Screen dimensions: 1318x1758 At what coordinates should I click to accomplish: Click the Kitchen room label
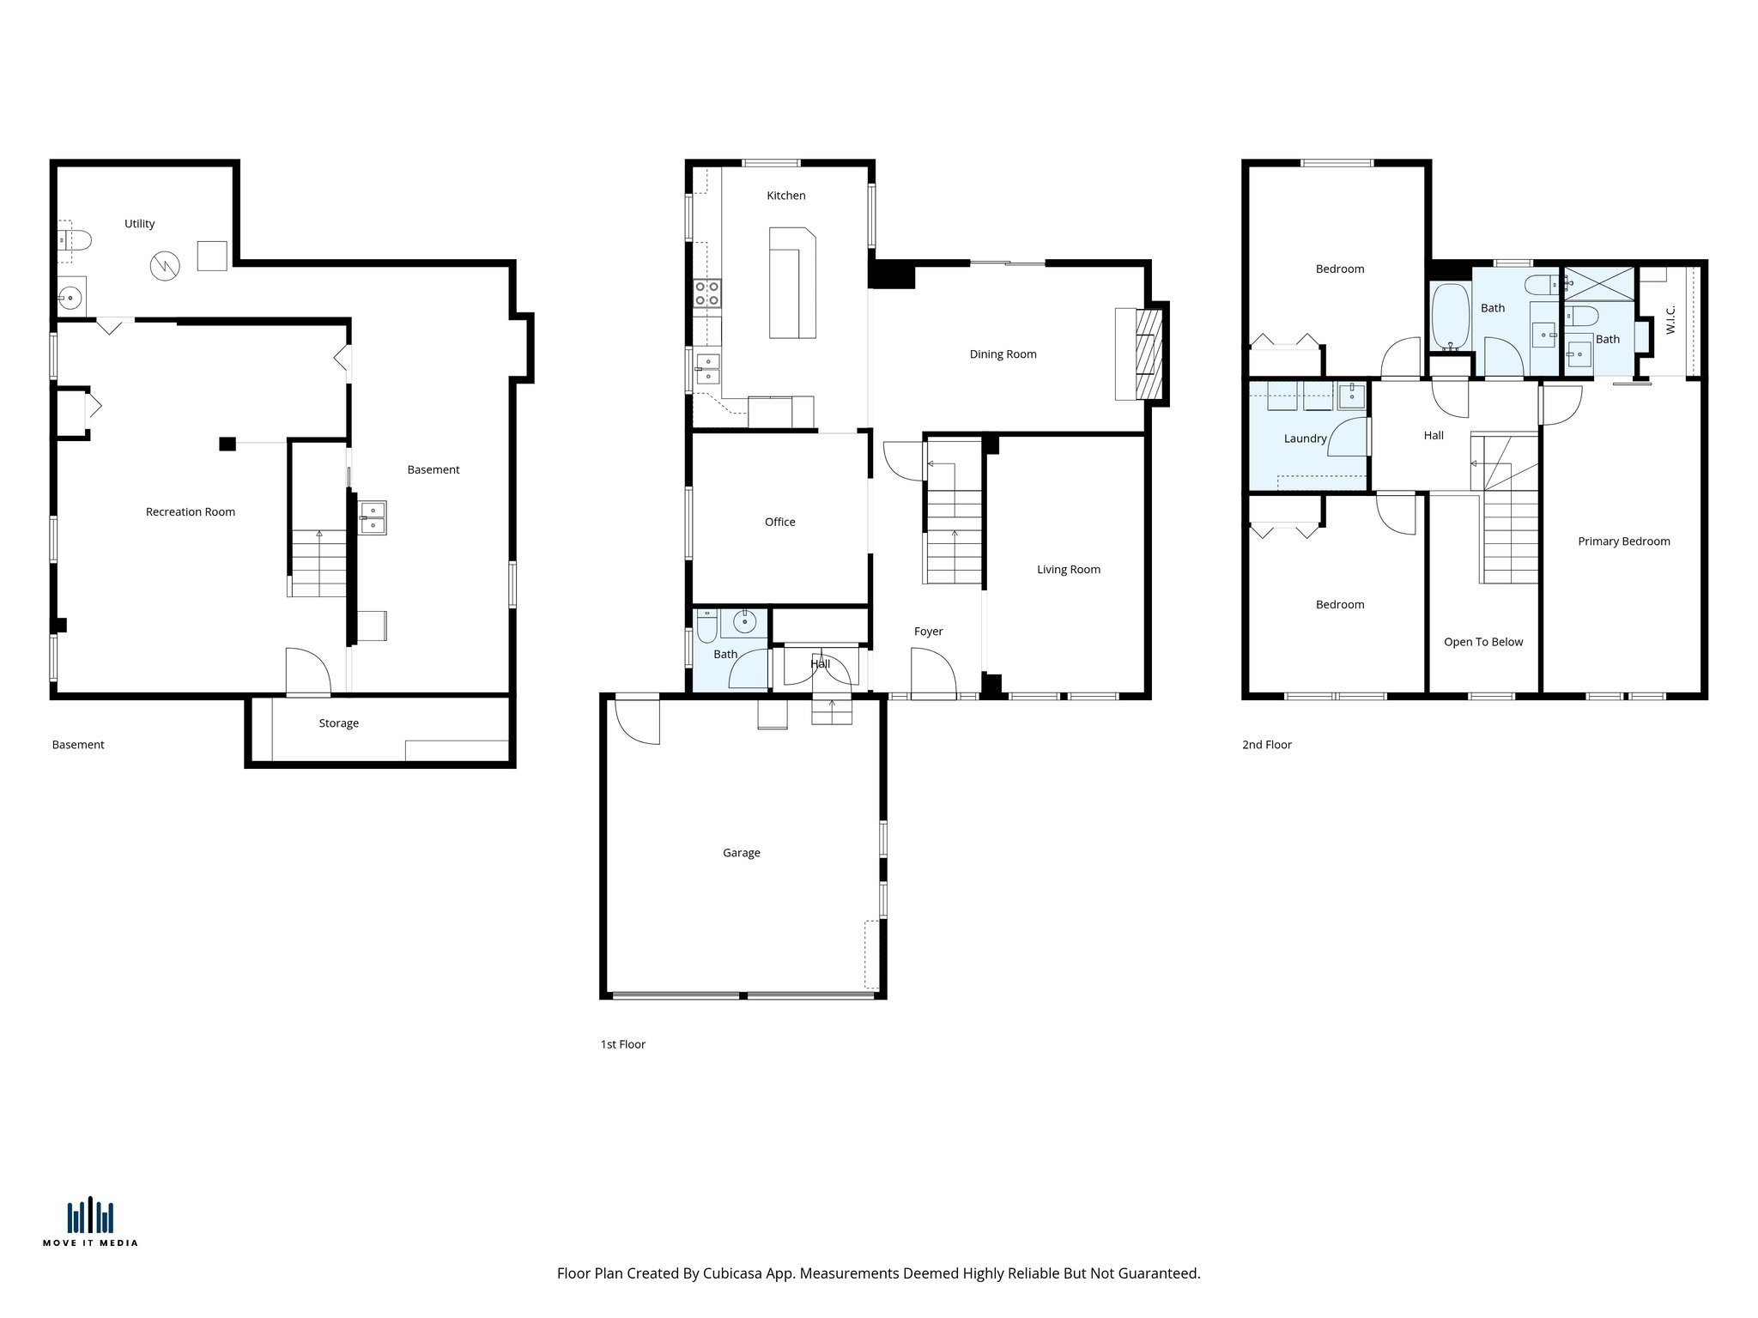tap(785, 196)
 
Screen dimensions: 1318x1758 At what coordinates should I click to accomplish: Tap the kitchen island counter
tap(791, 283)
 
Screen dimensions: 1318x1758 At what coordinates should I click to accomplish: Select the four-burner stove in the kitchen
tap(707, 293)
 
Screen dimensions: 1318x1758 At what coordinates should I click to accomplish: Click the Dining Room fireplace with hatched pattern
tap(1148, 354)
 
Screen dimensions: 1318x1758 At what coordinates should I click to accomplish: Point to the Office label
tap(779, 522)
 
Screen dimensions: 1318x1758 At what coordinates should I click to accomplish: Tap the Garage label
tap(741, 853)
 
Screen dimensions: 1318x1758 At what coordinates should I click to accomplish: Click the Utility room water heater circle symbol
tap(165, 266)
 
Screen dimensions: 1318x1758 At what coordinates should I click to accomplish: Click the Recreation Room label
tap(190, 512)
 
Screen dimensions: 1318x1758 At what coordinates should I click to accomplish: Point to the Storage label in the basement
tap(338, 723)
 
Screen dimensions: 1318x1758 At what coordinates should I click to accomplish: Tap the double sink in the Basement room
tap(373, 518)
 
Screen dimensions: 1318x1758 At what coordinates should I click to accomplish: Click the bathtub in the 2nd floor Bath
tap(1451, 317)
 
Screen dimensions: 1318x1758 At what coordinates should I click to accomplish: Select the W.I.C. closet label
tap(1670, 320)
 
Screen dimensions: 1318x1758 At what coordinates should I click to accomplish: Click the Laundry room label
tap(1305, 438)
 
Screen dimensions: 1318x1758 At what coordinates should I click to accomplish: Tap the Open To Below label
tap(1482, 642)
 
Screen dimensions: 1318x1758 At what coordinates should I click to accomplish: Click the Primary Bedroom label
tap(1623, 541)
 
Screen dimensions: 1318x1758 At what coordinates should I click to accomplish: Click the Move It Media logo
tap(90, 1221)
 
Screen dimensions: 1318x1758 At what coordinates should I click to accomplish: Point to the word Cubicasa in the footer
tap(734, 1273)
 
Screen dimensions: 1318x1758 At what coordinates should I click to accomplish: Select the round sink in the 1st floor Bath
tap(744, 622)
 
